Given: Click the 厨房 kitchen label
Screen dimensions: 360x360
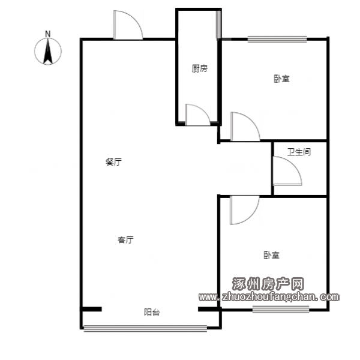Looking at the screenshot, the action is click(200, 68).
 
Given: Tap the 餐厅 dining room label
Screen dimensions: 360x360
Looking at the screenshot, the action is click(113, 162).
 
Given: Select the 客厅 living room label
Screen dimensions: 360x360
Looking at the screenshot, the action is click(125, 240).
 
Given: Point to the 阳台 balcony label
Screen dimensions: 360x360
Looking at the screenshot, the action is click(152, 312).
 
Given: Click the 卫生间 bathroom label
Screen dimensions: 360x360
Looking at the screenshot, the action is click(299, 152).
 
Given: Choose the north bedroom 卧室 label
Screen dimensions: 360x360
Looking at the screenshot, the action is click(282, 79).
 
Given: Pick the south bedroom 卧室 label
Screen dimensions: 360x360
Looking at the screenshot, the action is click(271, 255).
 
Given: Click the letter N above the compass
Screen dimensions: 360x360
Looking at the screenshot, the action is click(47, 34).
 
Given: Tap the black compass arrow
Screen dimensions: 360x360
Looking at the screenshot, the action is click(48, 52).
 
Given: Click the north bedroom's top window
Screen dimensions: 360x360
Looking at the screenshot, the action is click(277, 39).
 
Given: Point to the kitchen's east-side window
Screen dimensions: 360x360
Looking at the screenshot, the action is click(218, 25).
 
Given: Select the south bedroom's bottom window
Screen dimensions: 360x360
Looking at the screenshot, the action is click(281, 309).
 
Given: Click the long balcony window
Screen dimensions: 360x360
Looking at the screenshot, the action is click(145, 328).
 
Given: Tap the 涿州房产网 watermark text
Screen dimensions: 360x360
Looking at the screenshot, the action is click(268, 284).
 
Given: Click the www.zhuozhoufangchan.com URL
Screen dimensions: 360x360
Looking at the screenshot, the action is click(269, 298).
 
